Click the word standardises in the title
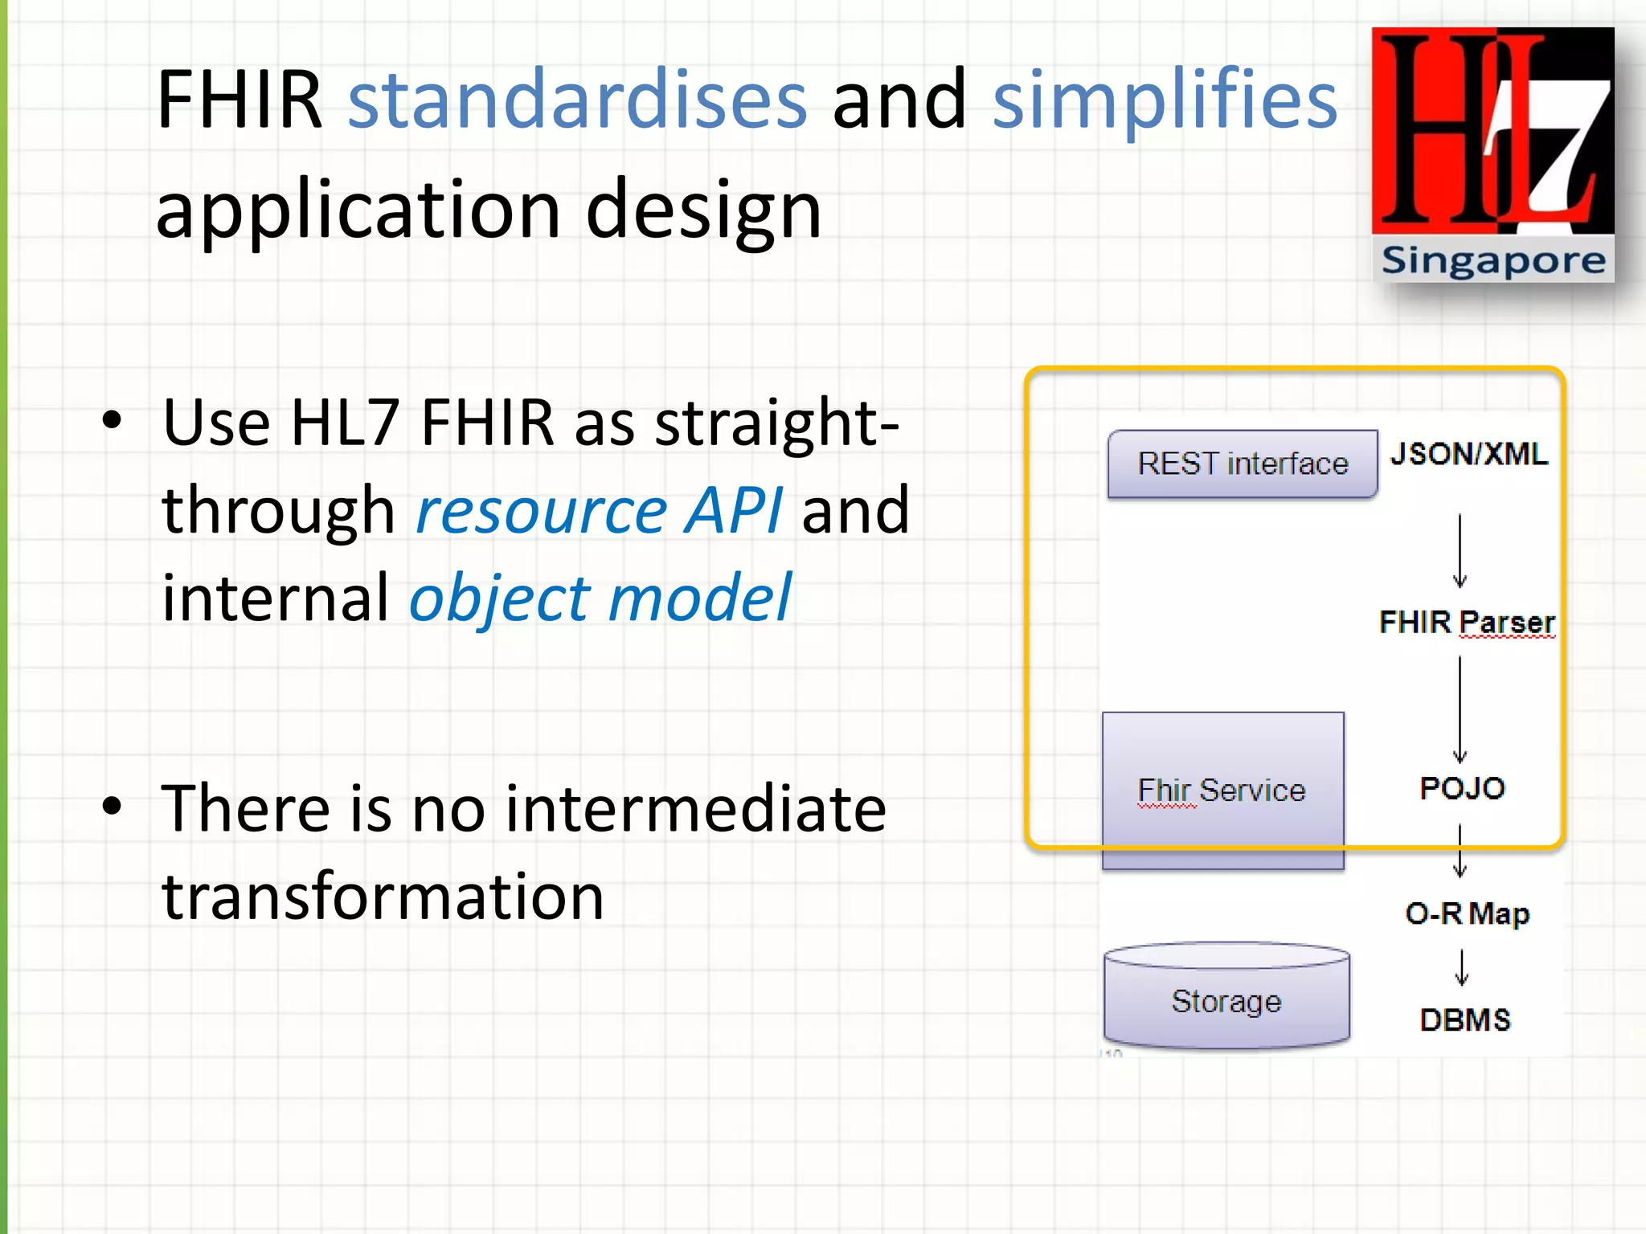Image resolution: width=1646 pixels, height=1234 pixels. [x=577, y=100]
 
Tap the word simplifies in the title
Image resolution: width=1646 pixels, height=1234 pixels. [x=1165, y=100]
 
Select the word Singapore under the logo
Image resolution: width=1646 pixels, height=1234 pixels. [x=1492, y=261]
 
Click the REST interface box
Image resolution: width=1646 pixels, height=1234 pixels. [x=1242, y=464]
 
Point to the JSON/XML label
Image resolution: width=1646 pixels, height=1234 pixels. [x=1468, y=455]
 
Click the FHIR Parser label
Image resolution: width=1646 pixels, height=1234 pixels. [x=1467, y=623]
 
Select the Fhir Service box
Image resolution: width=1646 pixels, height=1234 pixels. [x=1222, y=791]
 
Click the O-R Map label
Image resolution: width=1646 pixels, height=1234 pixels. [x=1467, y=914]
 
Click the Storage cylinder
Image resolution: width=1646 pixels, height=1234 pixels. [x=1226, y=1000]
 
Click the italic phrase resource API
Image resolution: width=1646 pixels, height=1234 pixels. [x=599, y=511]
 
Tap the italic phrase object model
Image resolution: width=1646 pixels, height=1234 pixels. [x=600, y=599]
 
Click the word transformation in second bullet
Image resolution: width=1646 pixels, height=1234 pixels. [x=383, y=897]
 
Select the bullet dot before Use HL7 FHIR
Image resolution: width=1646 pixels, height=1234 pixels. [x=112, y=419]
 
